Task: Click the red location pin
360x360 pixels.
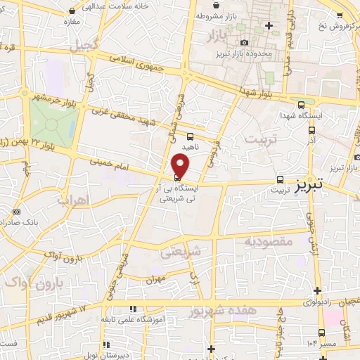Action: [181, 166]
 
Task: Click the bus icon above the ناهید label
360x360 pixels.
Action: [191, 137]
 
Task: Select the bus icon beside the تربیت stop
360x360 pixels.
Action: [281, 179]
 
